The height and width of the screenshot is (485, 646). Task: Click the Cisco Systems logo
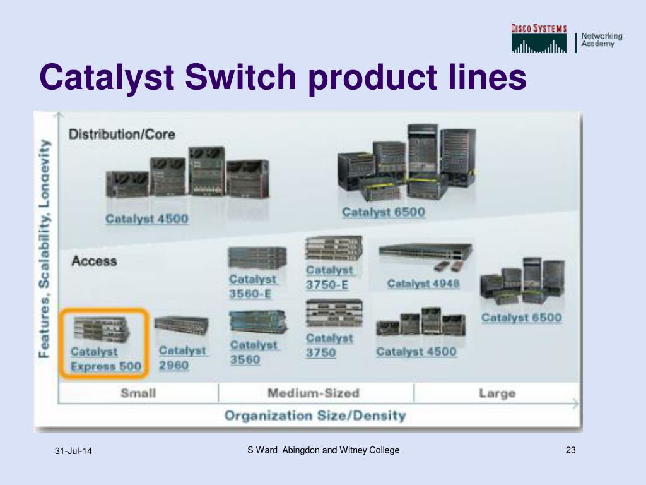(539, 39)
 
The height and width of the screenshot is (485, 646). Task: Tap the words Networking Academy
(601, 40)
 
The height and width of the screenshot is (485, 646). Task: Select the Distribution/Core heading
(122, 134)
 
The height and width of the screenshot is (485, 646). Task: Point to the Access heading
(94, 260)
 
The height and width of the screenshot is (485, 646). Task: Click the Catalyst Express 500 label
(105, 359)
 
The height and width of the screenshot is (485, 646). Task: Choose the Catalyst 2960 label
(182, 357)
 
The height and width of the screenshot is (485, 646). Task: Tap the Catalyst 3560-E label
(252, 286)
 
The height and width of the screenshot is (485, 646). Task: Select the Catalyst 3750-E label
(329, 277)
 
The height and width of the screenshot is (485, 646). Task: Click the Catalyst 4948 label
(423, 284)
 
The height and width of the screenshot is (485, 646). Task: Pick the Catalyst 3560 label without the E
(253, 352)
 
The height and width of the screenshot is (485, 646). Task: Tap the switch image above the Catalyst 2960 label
(181, 326)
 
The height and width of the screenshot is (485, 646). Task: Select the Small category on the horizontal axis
(138, 393)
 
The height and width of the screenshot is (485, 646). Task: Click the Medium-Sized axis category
(313, 393)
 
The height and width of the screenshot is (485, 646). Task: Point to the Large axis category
(496, 393)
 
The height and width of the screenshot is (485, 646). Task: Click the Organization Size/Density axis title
(315, 416)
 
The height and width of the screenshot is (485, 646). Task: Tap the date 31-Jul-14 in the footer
(73, 451)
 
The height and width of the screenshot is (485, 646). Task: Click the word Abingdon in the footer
(301, 450)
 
